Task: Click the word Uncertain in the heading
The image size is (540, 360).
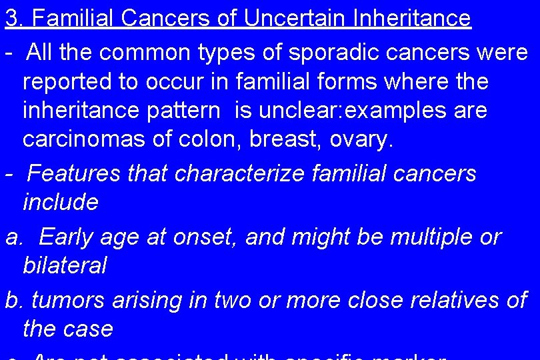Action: tap(295, 18)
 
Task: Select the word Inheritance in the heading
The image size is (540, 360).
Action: tap(411, 18)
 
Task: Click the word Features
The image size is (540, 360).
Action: tap(73, 173)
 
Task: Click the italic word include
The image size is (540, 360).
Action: tap(60, 202)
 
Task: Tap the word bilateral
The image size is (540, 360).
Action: tap(65, 265)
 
